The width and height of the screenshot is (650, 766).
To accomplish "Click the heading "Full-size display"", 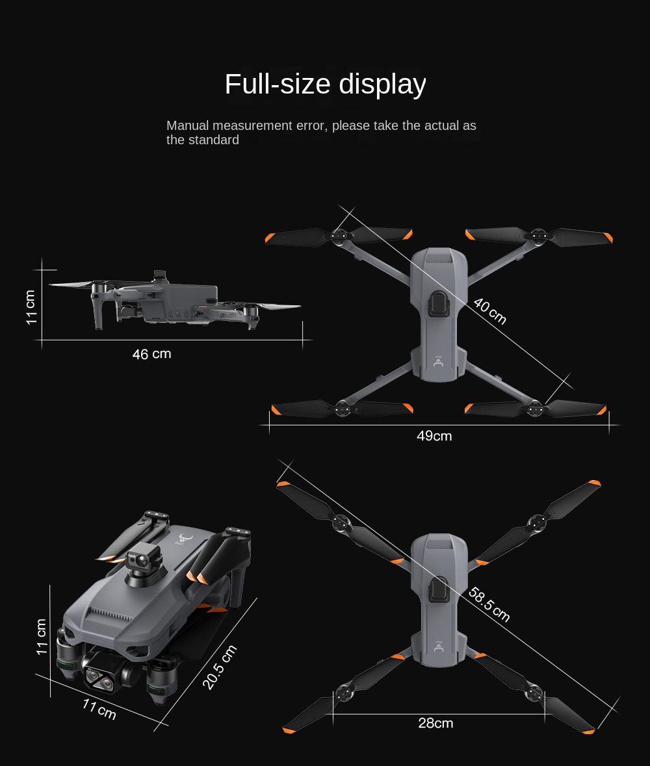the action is pos(325,84).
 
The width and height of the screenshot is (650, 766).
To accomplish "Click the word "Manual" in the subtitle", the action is pos(187,125).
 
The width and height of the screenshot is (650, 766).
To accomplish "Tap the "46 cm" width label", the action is pos(151,353).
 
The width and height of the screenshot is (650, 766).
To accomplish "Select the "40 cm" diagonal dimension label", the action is pos(489,311).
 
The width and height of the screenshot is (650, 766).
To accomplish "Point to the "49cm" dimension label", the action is pos(434,436).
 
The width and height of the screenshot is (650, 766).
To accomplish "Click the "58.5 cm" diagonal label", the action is pos(489,604).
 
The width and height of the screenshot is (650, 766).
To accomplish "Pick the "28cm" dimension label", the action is pos(435,723).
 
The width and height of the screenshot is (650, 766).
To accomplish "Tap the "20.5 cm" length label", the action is pos(220,667).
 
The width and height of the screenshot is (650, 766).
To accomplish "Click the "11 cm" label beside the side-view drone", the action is pos(31,307).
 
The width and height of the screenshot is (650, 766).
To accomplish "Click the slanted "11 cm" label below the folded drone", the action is pos(99,709).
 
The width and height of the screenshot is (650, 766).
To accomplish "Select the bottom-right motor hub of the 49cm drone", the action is pos(535,408).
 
